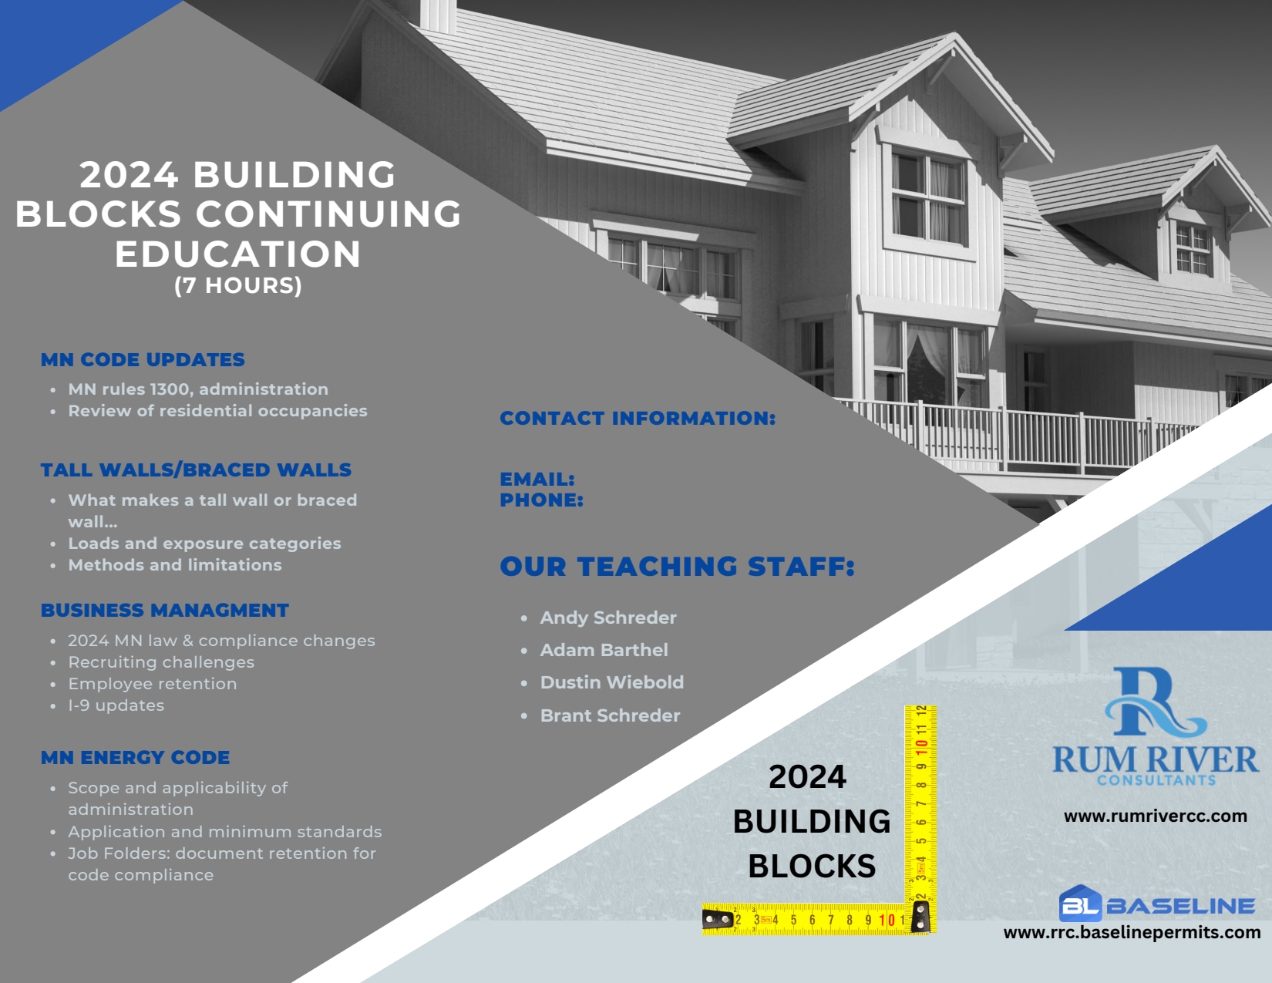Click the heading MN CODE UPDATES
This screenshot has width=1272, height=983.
coord(143,359)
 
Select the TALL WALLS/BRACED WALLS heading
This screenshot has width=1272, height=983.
coord(196,470)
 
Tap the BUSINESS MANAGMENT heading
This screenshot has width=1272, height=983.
coord(164,610)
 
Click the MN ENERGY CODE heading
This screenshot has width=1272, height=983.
coord(135,757)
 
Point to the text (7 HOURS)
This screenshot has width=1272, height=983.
coord(238,286)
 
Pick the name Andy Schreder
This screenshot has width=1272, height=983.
coord(608,618)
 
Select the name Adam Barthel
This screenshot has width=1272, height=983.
coord(604,650)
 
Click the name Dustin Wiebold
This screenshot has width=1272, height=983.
coord(611,682)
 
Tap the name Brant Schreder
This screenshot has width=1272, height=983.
coord(610,715)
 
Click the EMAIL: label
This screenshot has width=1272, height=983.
coord(537,479)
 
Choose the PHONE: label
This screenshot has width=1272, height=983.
coord(541,500)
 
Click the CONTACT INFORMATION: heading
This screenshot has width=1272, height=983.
coord(638,418)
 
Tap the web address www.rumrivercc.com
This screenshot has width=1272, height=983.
coord(1155,816)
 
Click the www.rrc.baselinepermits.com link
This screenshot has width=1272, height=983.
coord(1132,933)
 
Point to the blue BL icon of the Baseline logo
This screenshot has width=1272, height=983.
coord(1080,904)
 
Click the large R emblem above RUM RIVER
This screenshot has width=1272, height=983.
coord(1155,702)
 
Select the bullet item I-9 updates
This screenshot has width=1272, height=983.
coord(116,705)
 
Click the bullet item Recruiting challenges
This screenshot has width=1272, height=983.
coord(161,662)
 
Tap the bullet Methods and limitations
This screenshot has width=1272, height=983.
coord(174,565)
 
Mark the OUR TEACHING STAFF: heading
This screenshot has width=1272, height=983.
coord(678,566)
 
